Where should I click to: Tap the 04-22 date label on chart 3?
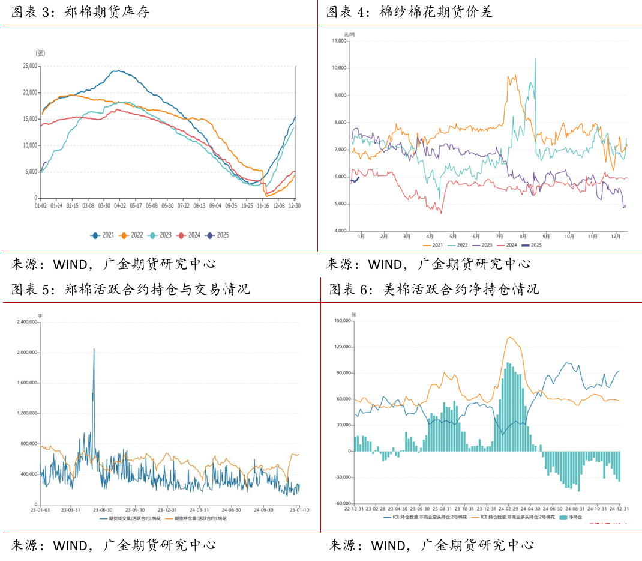click(120, 205)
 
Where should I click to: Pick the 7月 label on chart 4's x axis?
click(499, 237)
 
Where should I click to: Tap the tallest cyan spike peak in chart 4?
click(535, 58)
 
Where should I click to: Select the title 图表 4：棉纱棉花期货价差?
click(409, 12)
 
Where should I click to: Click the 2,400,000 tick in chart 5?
click(24, 322)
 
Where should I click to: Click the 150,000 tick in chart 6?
click(343, 321)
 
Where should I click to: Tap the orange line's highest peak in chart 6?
click(510, 337)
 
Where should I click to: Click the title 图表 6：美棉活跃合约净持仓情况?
click(433, 290)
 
